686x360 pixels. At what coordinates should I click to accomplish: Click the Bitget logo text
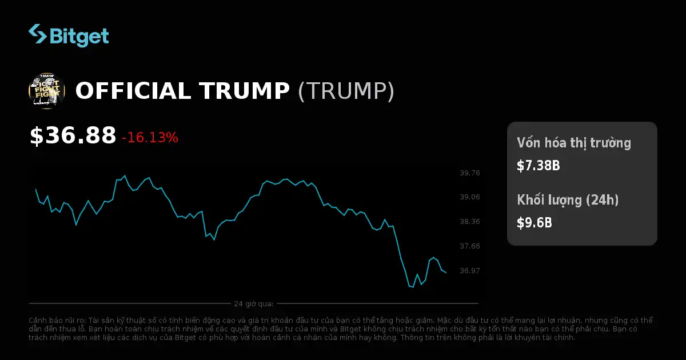[x=79, y=37]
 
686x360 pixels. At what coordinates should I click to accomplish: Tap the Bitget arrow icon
[x=38, y=34]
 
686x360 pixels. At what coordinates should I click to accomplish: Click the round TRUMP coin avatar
[x=46, y=91]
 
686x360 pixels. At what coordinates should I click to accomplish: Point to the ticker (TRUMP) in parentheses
[x=346, y=91]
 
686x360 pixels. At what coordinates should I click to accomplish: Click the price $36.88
[x=73, y=136]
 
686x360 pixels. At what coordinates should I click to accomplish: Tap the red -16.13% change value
[x=150, y=137]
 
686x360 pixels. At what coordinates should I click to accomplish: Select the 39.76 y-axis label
[x=470, y=173]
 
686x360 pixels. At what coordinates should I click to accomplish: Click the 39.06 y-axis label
[x=470, y=197]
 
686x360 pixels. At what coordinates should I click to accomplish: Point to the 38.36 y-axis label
[x=470, y=222]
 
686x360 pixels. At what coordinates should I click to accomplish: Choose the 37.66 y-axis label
[x=470, y=246]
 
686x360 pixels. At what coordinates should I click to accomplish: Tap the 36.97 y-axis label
[x=470, y=270]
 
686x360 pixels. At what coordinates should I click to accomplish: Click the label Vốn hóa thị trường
[x=574, y=143]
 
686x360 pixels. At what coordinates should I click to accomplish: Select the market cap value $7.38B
[x=538, y=166]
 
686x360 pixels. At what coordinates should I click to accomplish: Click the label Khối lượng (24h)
[x=568, y=200]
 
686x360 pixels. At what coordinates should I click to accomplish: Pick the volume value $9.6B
[x=535, y=223]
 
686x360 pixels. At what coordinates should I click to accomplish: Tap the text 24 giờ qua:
[x=253, y=303]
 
